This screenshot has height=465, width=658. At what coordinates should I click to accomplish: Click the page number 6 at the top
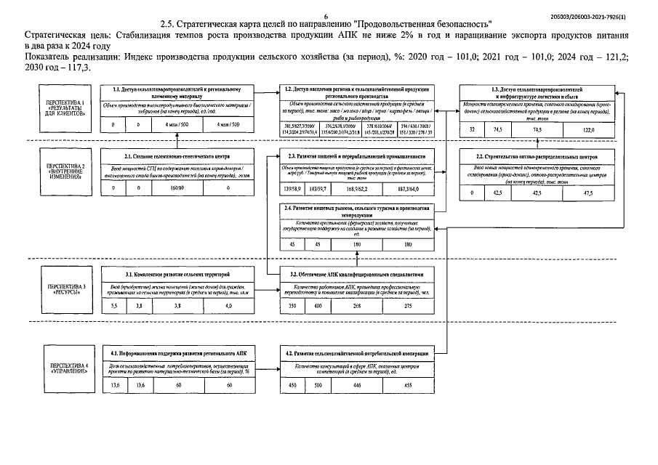[x=326, y=15]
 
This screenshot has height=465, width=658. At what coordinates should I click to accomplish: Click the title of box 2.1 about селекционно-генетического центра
[x=177, y=156]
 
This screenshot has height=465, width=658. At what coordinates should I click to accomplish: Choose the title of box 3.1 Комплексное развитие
[x=177, y=275]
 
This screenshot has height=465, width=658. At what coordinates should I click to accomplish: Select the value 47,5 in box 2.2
[x=587, y=193]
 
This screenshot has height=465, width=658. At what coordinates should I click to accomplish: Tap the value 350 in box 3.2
[x=292, y=307]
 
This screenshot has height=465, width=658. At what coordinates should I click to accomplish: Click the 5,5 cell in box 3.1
[x=113, y=307]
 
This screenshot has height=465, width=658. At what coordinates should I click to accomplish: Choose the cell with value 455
[x=408, y=385]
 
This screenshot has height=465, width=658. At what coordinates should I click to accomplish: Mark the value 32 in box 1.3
[x=472, y=129]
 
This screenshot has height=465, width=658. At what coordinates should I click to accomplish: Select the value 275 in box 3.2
[x=408, y=307]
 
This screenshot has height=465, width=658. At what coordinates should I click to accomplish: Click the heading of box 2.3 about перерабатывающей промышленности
[x=356, y=156]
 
